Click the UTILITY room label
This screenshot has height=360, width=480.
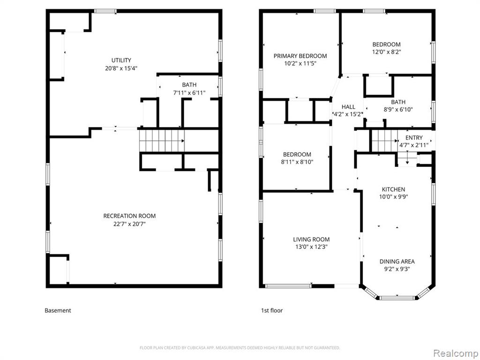[x=121, y=60]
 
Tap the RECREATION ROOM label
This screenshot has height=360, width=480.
[x=129, y=216]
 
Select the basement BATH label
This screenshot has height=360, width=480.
[x=189, y=85]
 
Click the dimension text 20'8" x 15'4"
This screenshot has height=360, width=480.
[x=121, y=68]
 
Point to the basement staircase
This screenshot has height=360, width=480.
[x=162, y=141]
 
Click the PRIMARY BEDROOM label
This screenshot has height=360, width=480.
[x=300, y=56]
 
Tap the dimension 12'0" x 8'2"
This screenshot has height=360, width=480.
[x=387, y=52]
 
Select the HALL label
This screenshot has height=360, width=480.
[x=348, y=107]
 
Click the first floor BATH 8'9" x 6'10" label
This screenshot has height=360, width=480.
[x=398, y=105]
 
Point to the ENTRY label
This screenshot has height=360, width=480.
[x=414, y=138]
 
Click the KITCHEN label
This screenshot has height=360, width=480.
[x=393, y=189]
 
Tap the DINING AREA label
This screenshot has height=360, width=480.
[x=397, y=262]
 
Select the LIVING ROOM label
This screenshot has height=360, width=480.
[x=311, y=240]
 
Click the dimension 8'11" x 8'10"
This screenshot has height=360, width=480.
[x=297, y=162]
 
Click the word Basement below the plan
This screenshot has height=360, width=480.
[x=58, y=310]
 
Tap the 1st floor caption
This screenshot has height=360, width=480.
[x=272, y=310]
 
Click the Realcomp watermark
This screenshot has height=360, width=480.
[x=455, y=353]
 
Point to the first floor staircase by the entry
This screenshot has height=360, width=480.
[x=384, y=141]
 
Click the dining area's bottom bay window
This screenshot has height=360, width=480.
[x=397, y=298]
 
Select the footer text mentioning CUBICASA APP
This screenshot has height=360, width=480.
[x=240, y=348]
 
